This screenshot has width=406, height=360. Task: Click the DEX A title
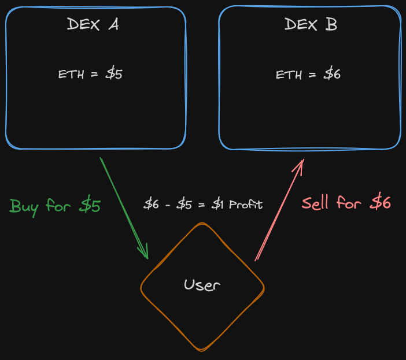point(93,24)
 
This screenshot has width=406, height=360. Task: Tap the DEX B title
point(311,24)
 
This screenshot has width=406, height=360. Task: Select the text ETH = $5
point(90,74)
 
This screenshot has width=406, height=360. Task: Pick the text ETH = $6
point(308,75)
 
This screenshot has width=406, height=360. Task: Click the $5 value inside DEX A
point(114,74)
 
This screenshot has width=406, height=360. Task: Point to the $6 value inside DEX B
point(332,75)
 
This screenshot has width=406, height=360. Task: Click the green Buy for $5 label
point(56,206)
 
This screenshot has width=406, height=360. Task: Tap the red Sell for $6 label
point(346,203)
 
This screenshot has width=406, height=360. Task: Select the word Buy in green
point(24,206)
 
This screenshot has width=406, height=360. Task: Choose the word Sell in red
point(315,203)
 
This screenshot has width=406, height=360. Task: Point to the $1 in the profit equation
point(217,205)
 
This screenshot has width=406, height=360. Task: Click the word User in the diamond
point(202,284)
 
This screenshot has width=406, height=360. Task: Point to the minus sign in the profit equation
point(167,205)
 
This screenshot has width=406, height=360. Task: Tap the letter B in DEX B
point(331,24)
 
